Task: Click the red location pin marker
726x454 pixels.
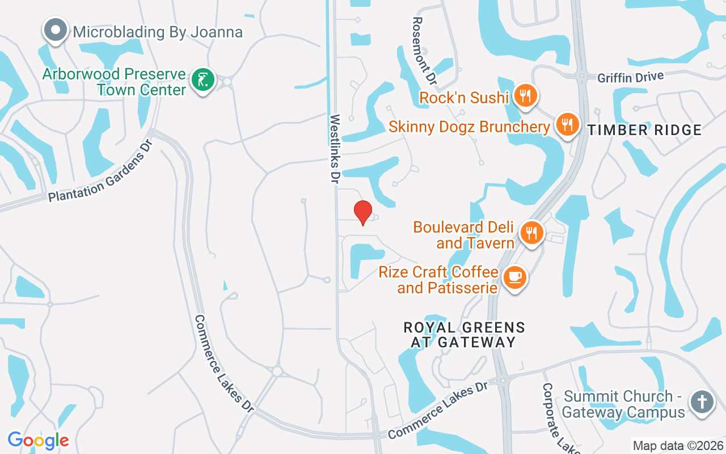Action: [x=362, y=212]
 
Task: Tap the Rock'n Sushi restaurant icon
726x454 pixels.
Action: [x=525, y=95]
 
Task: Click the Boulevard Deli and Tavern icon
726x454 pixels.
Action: [x=531, y=233]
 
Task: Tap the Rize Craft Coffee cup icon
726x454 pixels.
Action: [x=514, y=278]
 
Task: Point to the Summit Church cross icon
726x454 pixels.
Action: [x=702, y=402]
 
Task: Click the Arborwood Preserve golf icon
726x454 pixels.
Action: [x=202, y=79]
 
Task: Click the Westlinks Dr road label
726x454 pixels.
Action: [x=335, y=149]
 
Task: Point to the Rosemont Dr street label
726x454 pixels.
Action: [x=424, y=51]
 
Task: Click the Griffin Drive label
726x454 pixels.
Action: [x=630, y=77]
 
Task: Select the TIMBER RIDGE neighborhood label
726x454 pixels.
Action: [x=644, y=131]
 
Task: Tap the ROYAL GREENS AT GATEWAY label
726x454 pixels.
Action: [x=464, y=335]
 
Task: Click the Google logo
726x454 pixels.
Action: [x=38, y=440]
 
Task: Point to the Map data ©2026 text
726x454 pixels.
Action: [x=678, y=446]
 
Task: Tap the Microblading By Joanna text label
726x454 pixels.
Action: [x=158, y=32]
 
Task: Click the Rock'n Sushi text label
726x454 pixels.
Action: [x=464, y=98]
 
